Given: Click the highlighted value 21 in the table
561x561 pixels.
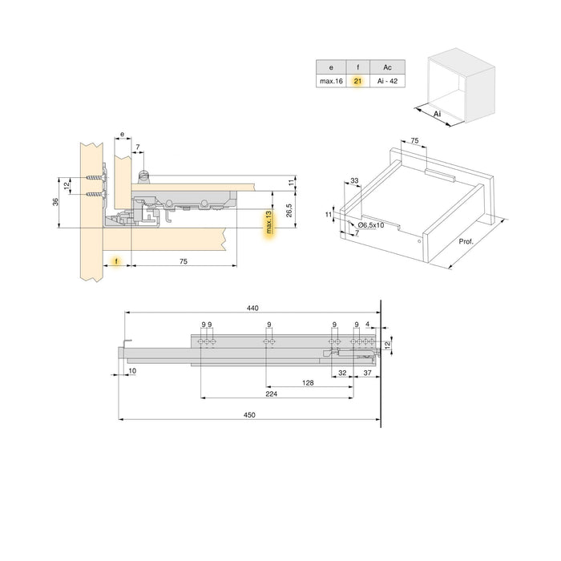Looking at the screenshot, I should [357, 81].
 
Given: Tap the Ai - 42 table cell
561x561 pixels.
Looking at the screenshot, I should [388, 81].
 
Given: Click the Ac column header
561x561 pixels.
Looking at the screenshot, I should [388, 67].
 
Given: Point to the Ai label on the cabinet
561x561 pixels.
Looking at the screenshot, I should [437, 115].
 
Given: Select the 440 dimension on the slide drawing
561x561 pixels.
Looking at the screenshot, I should [253, 307].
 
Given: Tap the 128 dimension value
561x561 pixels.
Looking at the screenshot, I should [308, 383].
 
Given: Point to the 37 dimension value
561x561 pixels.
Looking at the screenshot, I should [367, 373].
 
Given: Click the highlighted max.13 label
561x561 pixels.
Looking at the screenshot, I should [269, 224].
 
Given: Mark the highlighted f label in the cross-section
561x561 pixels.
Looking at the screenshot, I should [116, 262].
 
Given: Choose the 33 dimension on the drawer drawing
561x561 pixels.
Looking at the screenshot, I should [354, 181].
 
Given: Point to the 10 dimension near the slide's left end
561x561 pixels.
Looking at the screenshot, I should [131, 371].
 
